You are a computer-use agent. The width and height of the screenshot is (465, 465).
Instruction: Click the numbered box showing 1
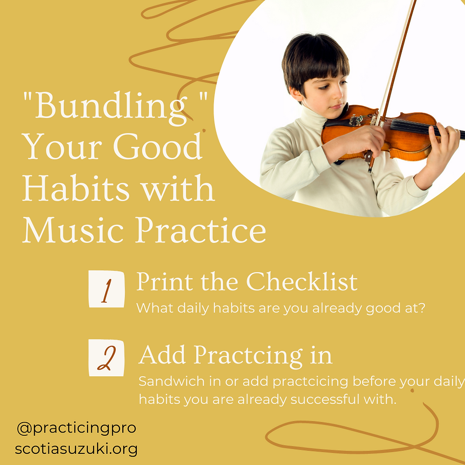[x=106, y=289]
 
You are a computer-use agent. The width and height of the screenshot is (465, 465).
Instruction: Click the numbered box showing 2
[x=106, y=358]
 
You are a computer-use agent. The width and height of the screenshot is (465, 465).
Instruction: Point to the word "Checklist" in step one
[x=302, y=281]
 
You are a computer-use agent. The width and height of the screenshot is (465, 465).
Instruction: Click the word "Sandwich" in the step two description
[x=172, y=381]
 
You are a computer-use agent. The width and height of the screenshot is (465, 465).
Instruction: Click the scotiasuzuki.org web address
[x=76, y=449]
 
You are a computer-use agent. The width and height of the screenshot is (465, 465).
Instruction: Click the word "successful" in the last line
[x=325, y=399]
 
